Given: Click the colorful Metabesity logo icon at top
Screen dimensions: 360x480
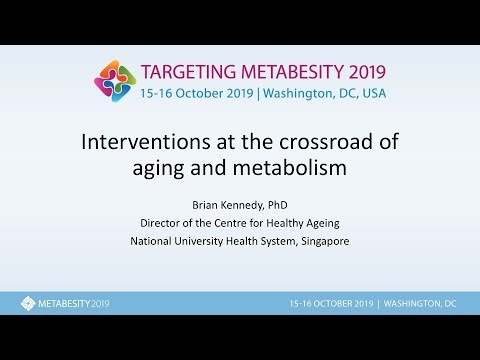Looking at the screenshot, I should pyautogui.click(x=114, y=81).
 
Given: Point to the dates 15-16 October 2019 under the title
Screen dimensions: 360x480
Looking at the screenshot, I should pyautogui.click(x=196, y=93).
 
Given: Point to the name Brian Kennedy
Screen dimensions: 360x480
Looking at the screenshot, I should pyautogui.click(x=218, y=203).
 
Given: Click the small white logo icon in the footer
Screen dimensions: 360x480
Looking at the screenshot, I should pyautogui.click(x=27, y=303).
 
